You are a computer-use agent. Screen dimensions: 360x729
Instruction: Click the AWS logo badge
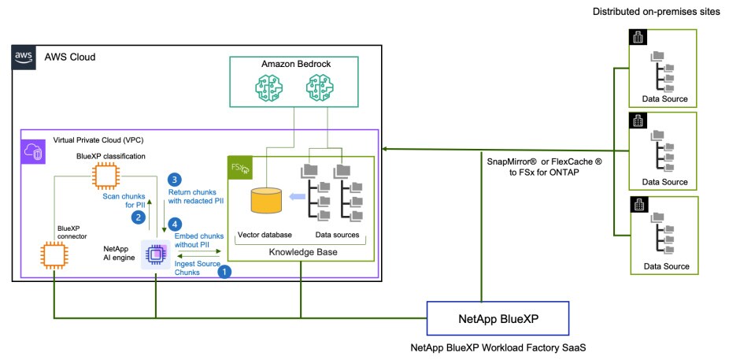[x=23, y=57]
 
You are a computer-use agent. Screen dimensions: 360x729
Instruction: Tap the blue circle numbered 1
[x=224, y=271]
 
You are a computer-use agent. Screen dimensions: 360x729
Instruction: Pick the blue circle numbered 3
[x=176, y=180]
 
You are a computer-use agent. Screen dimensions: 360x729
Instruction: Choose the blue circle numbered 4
[x=176, y=224]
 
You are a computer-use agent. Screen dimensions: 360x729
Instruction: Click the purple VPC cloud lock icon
[x=34, y=151]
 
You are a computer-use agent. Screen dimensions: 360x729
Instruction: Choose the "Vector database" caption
[x=264, y=235]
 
